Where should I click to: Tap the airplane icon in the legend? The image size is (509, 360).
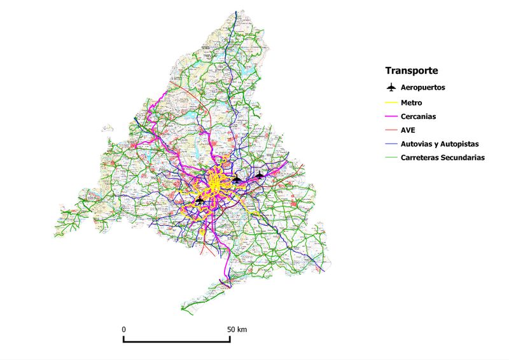[392, 87]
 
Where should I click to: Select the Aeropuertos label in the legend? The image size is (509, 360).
[428, 87]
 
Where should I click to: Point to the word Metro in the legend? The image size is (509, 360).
[412, 102]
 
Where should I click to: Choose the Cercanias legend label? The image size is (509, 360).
[418, 116]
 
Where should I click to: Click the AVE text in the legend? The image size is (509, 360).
[408, 130]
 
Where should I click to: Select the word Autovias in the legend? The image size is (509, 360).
[417, 144]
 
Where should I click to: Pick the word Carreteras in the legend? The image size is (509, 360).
[421, 158]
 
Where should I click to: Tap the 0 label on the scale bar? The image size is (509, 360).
[123, 329]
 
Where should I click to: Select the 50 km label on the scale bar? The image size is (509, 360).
[237, 329]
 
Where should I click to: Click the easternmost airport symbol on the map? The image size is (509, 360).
[260, 174]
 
